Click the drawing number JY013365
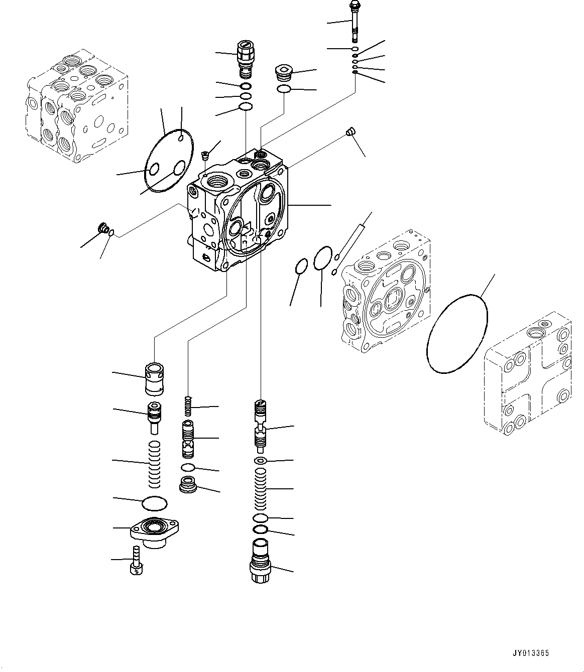[x=531, y=653]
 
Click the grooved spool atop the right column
[x=261, y=423]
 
